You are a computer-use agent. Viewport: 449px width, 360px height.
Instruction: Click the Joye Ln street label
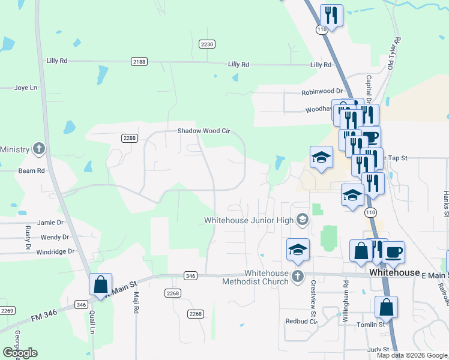click(25, 88)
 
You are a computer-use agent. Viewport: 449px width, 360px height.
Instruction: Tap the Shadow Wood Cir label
click(203, 131)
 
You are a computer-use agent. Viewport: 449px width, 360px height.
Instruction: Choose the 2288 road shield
click(130, 138)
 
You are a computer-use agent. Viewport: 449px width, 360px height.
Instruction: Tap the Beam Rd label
click(32, 170)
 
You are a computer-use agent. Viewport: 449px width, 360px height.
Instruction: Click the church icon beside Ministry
click(38, 149)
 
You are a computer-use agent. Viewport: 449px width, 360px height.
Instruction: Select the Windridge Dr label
click(55, 252)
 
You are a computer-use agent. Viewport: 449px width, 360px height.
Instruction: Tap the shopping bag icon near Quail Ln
click(100, 284)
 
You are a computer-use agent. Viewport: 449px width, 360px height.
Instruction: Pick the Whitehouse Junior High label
click(249, 220)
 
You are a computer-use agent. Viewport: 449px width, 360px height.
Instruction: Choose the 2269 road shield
click(7, 310)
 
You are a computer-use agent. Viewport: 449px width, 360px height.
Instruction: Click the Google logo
click(20, 352)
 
